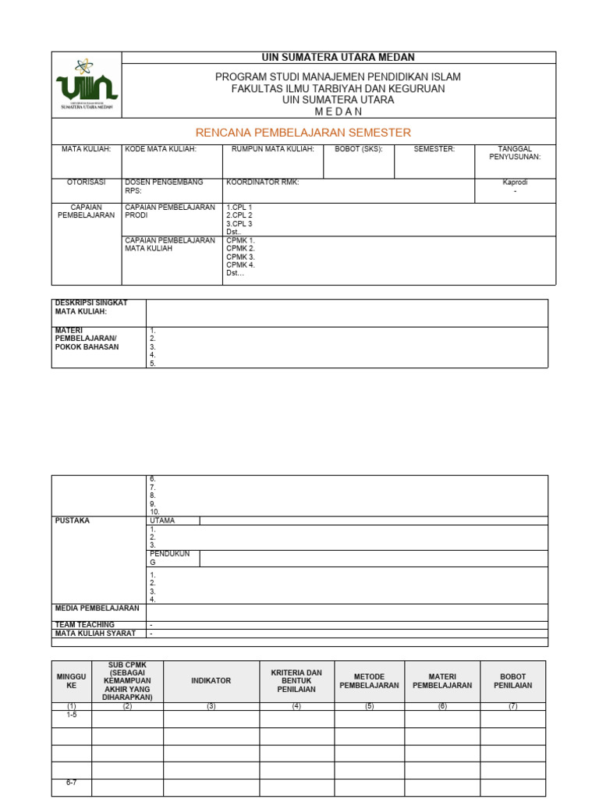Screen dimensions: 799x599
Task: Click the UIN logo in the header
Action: (x=87, y=84)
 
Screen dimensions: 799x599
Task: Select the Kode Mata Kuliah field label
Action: (x=161, y=148)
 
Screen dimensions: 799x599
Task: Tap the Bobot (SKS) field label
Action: (x=358, y=148)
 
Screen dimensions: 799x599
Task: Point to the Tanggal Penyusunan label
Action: (x=514, y=152)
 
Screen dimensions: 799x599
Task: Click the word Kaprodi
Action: (x=515, y=182)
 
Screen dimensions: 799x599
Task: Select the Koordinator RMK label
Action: (x=262, y=182)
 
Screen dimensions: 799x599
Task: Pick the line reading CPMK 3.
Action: (x=240, y=257)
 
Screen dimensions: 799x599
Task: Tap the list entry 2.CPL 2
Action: (x=239, y=215)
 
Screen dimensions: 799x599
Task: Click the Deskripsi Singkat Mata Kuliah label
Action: (x=90, y=307)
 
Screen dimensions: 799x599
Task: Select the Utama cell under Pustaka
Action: (x=162, y=520)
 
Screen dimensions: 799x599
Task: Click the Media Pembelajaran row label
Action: (x=97, y=608)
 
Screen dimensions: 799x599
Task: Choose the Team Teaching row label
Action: (x=84, y=625)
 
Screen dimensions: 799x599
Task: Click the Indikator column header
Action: (x=211, y=680)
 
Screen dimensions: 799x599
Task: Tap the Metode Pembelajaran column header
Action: (x=369, y=681)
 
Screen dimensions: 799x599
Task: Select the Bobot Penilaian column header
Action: (x=512, y=681)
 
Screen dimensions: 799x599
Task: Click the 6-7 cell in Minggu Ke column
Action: (x=72, y=783)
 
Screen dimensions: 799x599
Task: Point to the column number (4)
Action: (x=296, y=706)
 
